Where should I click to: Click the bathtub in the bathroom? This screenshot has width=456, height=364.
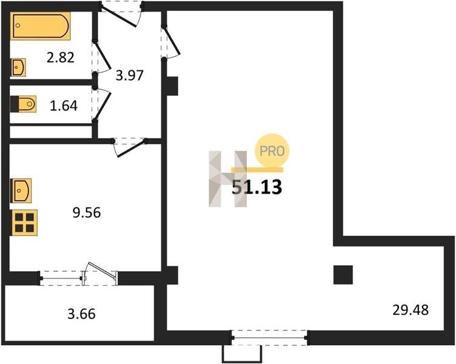(x=41, y=25)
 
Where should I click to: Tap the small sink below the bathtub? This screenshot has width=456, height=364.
(x=18, y=67)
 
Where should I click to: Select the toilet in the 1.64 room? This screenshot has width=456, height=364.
(x=24, y=104)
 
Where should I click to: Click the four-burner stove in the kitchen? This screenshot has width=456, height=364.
(x=24, y=223)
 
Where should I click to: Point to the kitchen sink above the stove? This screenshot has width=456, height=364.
(x=21, y=190)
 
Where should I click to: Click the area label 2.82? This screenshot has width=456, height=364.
(x=61, y=57)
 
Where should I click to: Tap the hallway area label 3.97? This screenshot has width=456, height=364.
(x=129, y=75)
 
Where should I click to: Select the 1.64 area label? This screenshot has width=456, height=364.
(x=64, y=106)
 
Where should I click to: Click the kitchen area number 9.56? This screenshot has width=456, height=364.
(x=87, y=213)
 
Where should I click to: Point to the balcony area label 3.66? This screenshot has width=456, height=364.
(x=81, y=314)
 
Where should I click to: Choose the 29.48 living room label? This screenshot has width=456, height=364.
(x=411, y=310)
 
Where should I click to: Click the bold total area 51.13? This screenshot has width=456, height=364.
(x=256, y=187)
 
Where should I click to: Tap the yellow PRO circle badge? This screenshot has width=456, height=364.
(x=272, y=150)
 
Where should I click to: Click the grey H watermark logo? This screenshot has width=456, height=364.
(x=228, y=179)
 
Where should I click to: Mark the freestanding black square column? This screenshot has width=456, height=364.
(x=343, y=275)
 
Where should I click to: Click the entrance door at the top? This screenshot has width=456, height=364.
(x=121, y=14)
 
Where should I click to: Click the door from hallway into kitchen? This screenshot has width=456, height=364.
(x=130, y=147)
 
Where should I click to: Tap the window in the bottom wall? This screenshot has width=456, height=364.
(x=270, y=338)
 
